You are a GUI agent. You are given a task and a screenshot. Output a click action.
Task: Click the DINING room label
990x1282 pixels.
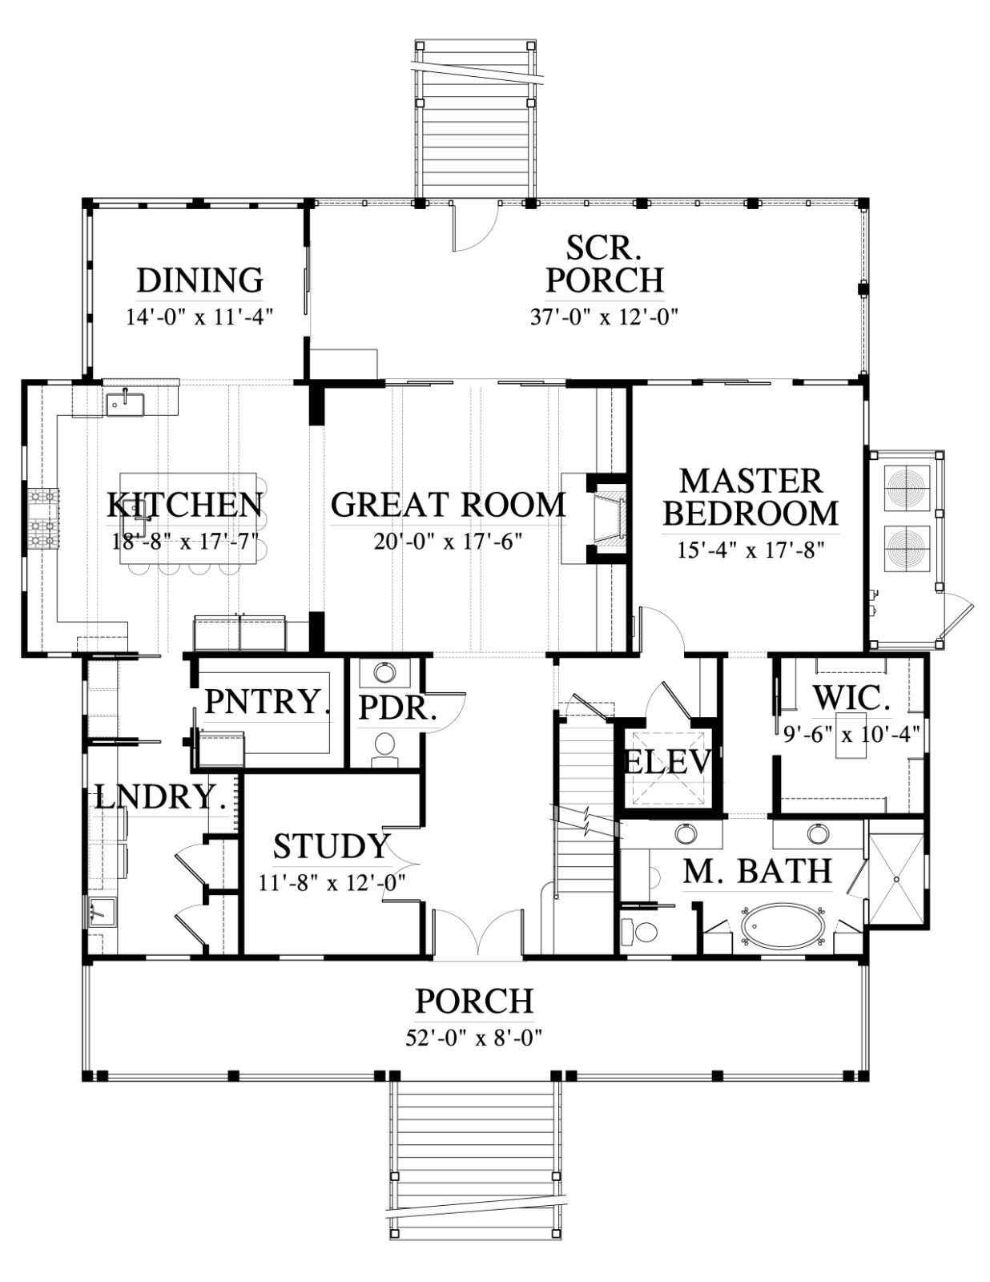[x=200, y=280]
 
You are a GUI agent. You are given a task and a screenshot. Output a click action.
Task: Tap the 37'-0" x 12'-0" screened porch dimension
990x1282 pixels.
[x=605, y=317]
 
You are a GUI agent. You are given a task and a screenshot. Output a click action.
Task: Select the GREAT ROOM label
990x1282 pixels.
[x=448, y=505]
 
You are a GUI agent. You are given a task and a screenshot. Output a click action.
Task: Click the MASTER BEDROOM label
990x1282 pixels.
[x=751, y=497]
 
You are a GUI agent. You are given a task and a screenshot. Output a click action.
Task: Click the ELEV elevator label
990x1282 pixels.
[x=667, y=762]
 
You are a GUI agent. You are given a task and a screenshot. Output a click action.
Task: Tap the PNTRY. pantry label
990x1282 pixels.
[x=267, y=701]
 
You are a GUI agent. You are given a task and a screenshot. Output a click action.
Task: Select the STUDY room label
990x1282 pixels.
[x=332, y=846]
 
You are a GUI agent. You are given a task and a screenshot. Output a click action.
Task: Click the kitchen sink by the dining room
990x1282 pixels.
[x=125, y=404]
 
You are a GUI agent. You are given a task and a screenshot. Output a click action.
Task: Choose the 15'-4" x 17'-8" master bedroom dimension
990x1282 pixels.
[x=750, y=550]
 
